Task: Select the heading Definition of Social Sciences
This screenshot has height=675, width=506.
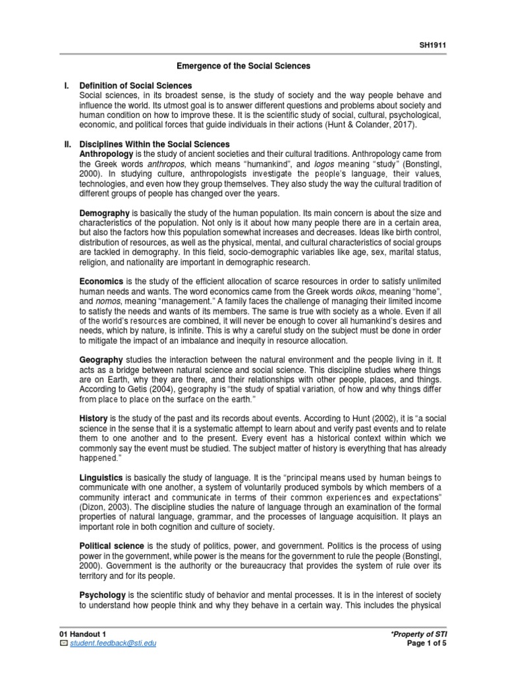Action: pyautogui.click(x=135, y=86)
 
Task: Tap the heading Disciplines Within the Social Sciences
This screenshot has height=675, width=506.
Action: pyautogui.click(x=154, y=144)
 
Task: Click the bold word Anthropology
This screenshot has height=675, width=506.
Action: pyautogui.click(x=104, y=154)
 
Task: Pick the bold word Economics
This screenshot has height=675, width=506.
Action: pyautogui.click(x=101, y=281)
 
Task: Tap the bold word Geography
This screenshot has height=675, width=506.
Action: pyautogui.click(x=101, y=359)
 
